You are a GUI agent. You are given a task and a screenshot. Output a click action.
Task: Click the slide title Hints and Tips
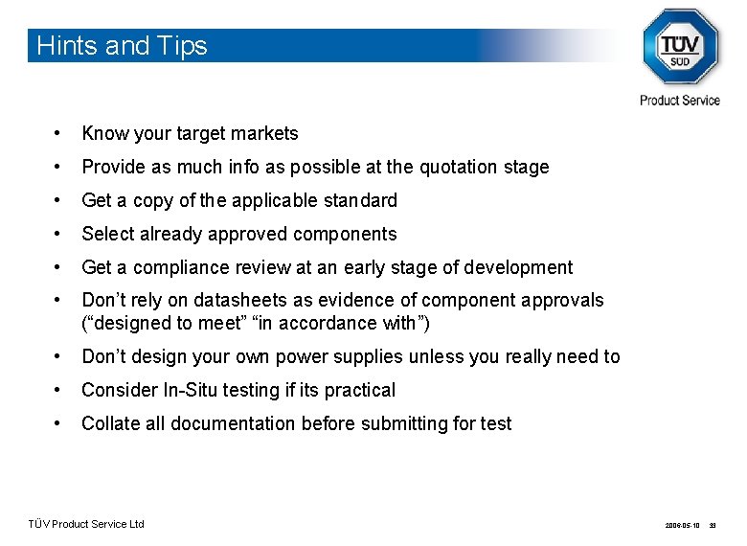[122, 46]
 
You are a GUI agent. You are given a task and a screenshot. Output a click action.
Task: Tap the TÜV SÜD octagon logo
[679, 47]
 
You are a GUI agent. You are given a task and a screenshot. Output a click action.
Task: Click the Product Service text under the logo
[680, 100]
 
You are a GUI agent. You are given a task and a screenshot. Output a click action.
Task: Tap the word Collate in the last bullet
[110, 423]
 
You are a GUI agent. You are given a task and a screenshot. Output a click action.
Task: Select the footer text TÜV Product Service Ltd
[86, 524]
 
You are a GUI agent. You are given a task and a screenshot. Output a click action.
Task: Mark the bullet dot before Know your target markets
[58, 134]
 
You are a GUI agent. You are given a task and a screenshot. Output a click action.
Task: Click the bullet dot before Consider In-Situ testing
[58, 391]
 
